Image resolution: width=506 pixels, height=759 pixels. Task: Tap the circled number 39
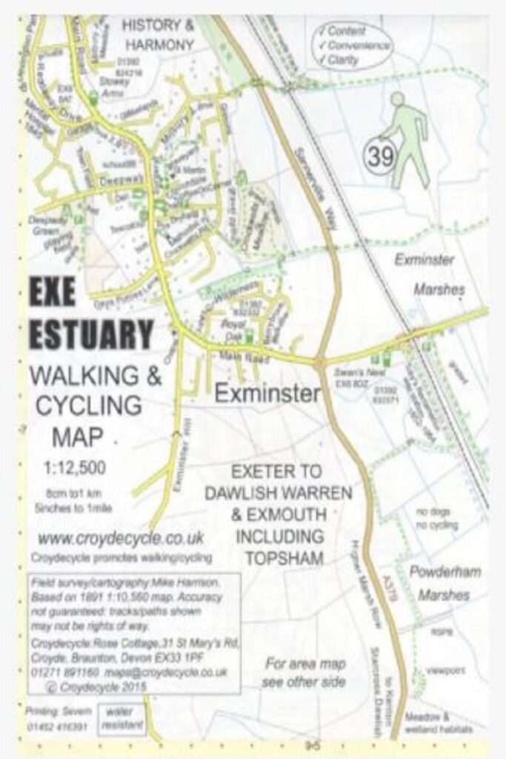pyautogui.click(x=377, y=156)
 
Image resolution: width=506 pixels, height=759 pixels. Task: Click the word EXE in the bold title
pyautogui.click(x=53, y=294)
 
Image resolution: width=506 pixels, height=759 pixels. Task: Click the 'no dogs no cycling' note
pyautogui.click(x=436, y=518)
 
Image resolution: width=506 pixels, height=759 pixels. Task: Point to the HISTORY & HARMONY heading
pyautogui.click(x=158, y=35)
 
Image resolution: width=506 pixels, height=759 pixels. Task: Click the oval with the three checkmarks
pyautogui.click(x=351, y=47)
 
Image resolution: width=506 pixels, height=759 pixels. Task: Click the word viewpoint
pyautogui.click(x=445, y=670)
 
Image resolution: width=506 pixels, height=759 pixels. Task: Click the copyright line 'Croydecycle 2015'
pyautogui.click(x=100, y=687)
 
